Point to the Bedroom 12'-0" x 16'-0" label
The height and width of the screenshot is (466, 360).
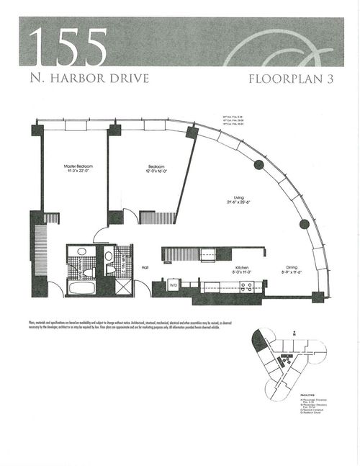click(x=152, y=169)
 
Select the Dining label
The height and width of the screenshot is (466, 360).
click(x=292, y=271)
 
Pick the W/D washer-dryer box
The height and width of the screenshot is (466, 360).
click(x=173, y=285)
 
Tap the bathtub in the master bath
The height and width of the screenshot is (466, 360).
click(x=81, y=287)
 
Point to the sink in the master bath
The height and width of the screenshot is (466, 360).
click(x=81, y=253)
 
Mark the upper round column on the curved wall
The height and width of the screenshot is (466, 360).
click(x=258, y=164)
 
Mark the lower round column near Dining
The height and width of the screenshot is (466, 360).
click(x=304, y=223)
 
